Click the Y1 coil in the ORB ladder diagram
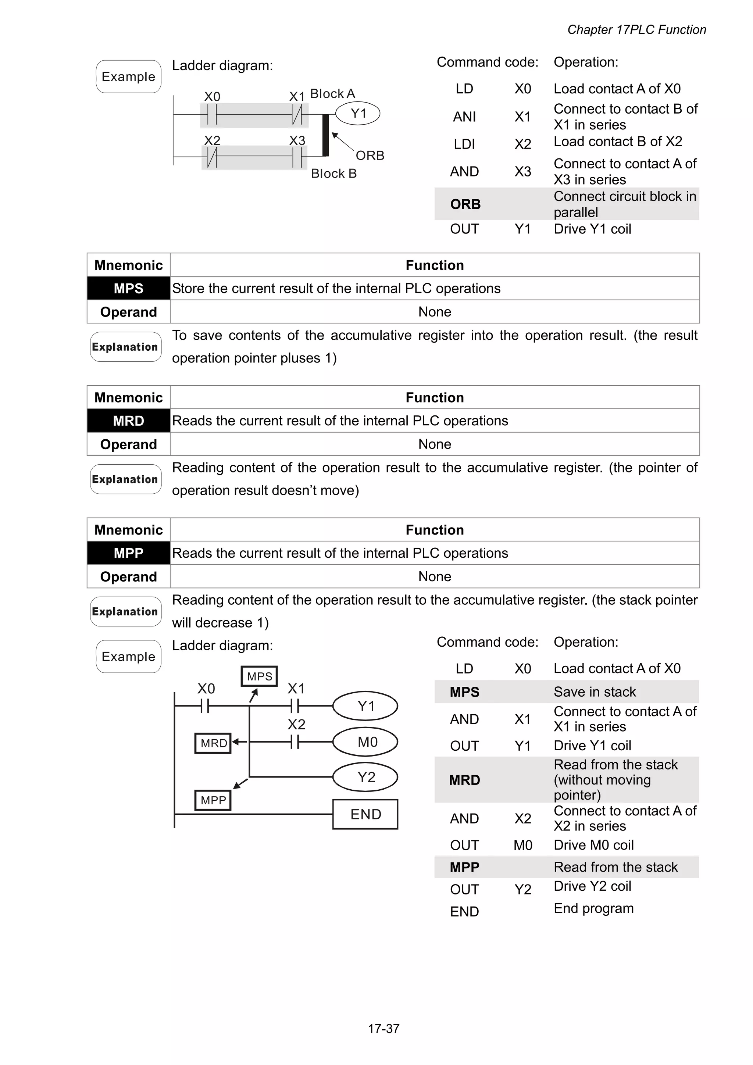(x=357, y=114)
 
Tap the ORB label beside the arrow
(x=370, y=156)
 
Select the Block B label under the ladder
(x=333, y=174)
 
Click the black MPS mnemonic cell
(x=129, y=288)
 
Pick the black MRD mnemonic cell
(x=129, y=421)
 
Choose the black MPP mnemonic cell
(x=129, y=553)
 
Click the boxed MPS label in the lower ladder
(x=259, y=676)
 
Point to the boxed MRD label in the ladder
(x=213, y=743)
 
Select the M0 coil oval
(x=365, y=742)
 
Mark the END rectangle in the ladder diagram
(x=365, y=814)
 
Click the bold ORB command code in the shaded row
(x=465, y=204)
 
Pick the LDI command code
(x=464, y=144)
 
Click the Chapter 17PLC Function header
(x=636, y=30)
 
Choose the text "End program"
(x=593, y=908)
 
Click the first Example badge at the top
(x=129, y=76)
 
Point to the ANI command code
(x=464, y=117)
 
